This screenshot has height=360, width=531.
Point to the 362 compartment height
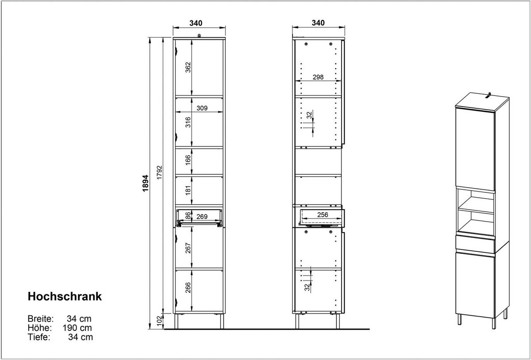click(x=188, y=67)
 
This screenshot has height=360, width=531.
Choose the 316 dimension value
click(x=188, y=122)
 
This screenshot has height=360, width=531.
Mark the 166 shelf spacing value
click(x=188, y=161)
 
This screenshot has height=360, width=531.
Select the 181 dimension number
click(x=188, y=191)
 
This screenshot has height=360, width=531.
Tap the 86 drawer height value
click(x=188, y=216)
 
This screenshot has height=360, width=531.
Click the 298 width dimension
click(x=318, y=77)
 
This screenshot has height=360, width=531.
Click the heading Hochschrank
click(x=65, y=296)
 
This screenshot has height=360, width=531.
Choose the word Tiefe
click(x=39, y=337)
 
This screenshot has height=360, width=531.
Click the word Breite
click(x=41, y=318)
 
